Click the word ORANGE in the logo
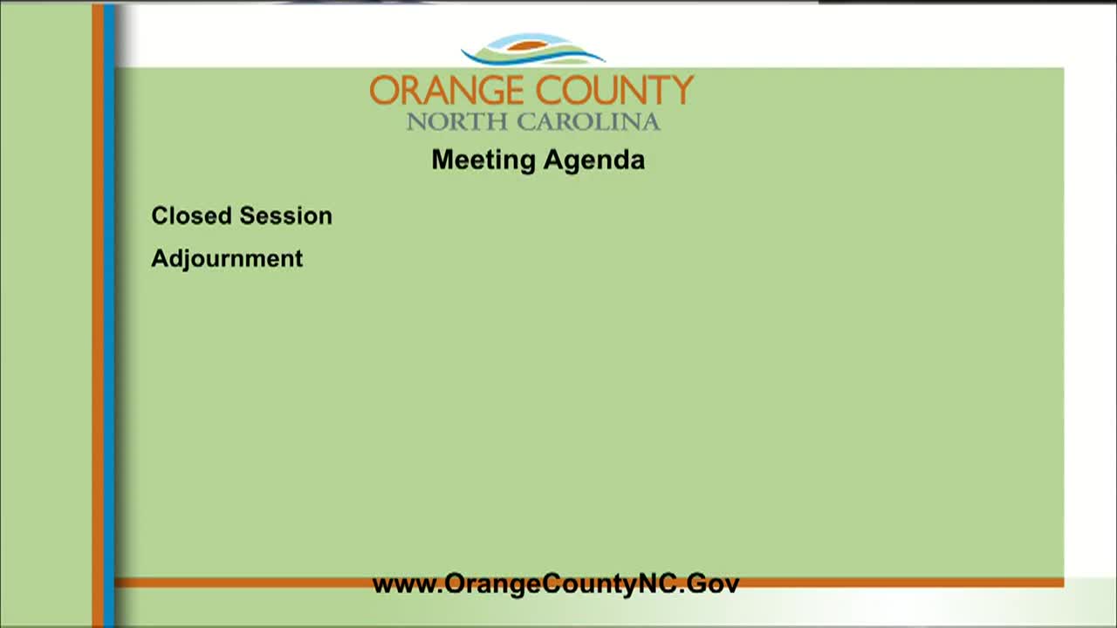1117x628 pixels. tap(446, 90)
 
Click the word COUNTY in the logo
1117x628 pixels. tap(614, 90)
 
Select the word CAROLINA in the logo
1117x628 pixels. tap(588, 122)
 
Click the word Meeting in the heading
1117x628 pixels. tap(483, 160)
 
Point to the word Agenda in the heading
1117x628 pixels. tap(594, 160)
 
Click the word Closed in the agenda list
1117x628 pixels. tap(191, 215)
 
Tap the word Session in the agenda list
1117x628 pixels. tap(285, 215)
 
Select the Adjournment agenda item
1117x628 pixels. tap(227, 259)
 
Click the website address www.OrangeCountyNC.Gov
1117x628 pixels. tap(556, 584)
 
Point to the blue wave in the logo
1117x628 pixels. tap(532, 58)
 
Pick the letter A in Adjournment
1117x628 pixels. tap(160, 257)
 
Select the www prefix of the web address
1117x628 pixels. tap(403, 585)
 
